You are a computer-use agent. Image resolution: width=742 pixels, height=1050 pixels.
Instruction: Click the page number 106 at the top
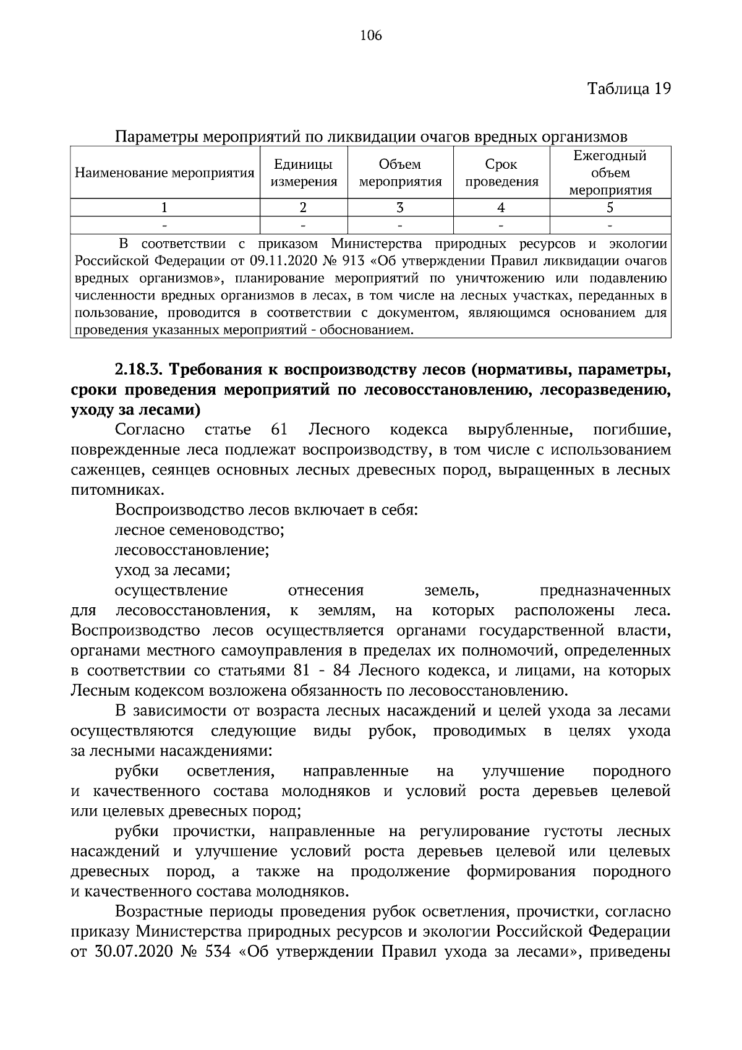(371, 35)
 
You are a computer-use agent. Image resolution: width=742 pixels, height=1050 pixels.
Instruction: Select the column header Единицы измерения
(304, 173)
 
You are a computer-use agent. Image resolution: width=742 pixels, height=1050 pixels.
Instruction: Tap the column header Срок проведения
(501, 173)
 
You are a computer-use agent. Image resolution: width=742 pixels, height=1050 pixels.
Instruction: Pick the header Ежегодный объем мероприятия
(610, 173)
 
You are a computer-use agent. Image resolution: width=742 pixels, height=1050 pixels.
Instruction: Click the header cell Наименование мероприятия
(164, 173)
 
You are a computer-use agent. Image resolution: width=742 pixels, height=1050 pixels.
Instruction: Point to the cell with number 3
(400, 208)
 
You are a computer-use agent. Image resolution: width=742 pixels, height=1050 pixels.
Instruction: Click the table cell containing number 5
(610, 208)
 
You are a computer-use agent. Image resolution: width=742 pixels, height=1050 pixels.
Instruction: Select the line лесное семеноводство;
(199, 530)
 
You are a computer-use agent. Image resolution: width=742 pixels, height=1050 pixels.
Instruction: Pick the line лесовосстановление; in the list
(192, 550)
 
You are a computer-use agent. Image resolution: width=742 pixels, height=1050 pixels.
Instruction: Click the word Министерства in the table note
(377, 243)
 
